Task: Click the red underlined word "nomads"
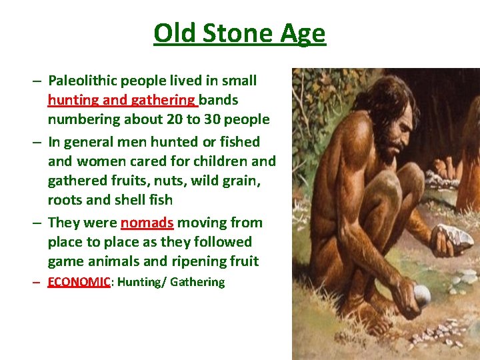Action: [147, 223]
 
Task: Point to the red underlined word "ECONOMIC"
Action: [79, 282]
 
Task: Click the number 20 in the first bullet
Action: [174, 120]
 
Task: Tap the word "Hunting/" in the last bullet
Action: [141, 282]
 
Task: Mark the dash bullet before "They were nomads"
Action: [37, 223]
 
